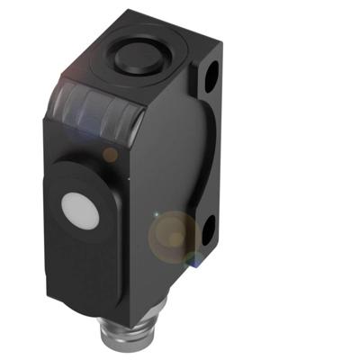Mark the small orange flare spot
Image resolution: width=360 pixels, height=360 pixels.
(x=110, y=154)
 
